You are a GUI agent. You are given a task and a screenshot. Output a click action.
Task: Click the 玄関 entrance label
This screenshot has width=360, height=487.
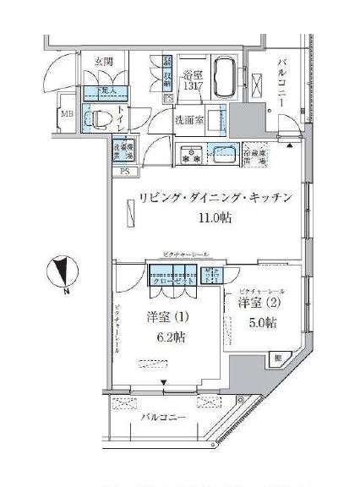(91, 61)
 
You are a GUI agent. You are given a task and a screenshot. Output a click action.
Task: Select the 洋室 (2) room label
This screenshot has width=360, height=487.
(258, 304)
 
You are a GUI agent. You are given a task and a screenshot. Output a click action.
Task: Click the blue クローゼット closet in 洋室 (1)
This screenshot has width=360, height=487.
(172, 276)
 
